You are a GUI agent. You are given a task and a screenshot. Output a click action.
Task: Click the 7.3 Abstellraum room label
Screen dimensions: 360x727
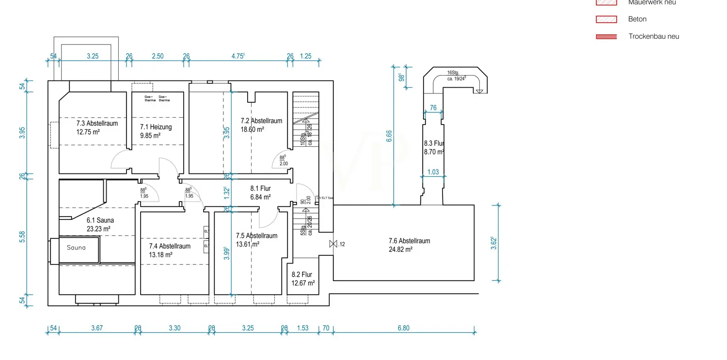coord(97,124)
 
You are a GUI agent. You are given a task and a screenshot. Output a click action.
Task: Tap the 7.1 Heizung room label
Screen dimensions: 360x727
coord(156,127)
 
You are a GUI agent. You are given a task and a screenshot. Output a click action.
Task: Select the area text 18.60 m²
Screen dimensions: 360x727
coord(253,130)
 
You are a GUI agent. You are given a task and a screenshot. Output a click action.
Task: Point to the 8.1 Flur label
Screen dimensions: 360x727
coord(260,188)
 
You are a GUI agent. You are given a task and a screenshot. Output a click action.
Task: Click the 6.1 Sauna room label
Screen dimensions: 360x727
coord(100,220)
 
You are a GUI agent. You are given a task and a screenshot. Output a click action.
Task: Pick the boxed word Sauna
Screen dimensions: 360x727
coord(77,248)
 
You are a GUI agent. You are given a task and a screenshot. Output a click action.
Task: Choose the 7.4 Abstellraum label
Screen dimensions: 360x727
coord(170,246)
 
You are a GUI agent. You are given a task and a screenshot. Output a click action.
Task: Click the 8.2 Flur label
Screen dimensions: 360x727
coord(301,275)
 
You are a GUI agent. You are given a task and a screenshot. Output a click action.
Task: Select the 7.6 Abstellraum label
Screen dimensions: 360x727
coord(409,241)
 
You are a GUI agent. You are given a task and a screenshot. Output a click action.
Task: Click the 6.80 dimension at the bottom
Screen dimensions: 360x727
coord(403,328)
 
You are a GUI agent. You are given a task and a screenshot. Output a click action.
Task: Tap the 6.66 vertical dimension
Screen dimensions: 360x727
coord(389,136)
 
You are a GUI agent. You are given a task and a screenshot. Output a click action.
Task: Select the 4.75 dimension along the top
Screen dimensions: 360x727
coord(237,56)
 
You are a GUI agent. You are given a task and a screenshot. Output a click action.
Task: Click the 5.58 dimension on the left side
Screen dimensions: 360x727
coord(22,237)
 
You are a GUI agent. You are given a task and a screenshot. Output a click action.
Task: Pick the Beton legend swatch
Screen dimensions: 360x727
coord(606,19)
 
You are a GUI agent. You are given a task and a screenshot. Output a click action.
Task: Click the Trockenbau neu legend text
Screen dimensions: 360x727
coord(653,36)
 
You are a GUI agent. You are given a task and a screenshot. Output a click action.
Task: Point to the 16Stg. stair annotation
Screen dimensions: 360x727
coord(453,73)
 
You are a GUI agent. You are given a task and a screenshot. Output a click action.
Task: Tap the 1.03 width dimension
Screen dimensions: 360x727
coord(433,172)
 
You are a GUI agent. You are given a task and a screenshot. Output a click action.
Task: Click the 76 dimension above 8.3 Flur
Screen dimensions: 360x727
coord(433,108)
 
